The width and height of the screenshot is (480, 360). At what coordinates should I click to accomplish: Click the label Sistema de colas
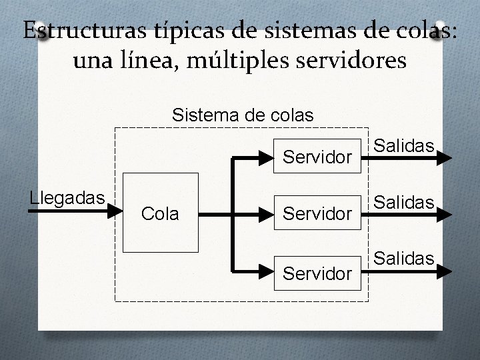242,115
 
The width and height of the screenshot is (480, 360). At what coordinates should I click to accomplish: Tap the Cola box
161,213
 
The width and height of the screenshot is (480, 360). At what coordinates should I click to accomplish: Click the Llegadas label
67,197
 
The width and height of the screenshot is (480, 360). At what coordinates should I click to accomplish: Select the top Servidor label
317,158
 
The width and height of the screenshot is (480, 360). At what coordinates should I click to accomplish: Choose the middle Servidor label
317,215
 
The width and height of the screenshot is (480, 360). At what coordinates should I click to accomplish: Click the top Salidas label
404,146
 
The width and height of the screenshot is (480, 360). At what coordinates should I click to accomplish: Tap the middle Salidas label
404,202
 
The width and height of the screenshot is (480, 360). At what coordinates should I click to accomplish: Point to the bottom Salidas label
404,258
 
